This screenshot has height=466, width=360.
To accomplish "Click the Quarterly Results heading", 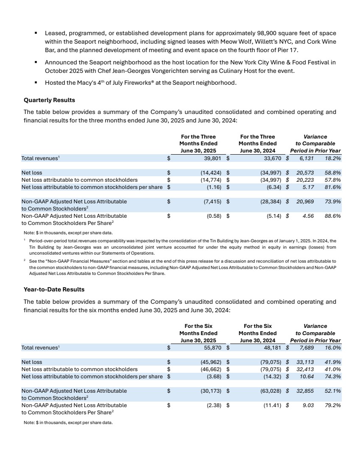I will click(49, 100).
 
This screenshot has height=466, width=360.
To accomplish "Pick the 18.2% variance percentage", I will click(333, 158).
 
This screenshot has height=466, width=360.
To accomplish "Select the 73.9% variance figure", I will click(333, 202).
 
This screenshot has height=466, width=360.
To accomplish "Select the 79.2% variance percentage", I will click(333, 405).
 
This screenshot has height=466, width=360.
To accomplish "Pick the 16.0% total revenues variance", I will click(333, 347).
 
